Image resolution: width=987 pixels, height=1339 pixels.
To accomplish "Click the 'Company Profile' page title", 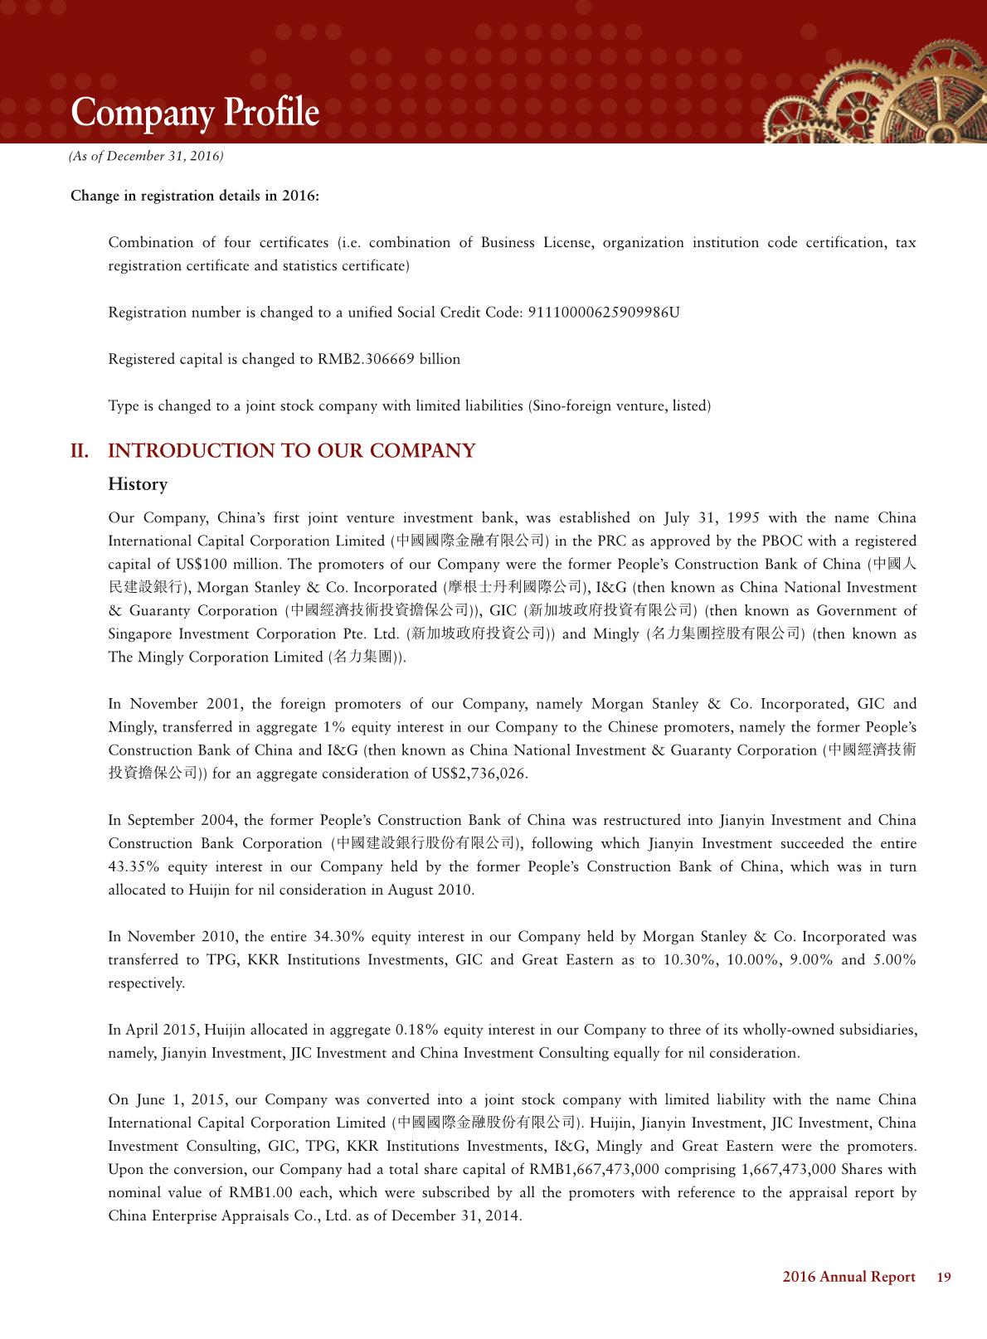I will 194,113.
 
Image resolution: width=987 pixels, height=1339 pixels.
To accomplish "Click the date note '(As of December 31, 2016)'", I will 146,156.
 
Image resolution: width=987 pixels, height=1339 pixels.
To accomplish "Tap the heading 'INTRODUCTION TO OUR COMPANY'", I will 292,451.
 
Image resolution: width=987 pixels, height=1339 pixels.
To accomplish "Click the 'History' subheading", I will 138,484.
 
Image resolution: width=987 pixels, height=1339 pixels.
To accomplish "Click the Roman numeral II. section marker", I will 80,451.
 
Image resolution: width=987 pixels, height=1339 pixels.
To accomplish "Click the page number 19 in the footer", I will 944,1277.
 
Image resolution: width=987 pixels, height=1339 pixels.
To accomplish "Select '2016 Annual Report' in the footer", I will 848,1277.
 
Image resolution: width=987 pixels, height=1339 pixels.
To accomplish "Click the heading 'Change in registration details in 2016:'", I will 195,196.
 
